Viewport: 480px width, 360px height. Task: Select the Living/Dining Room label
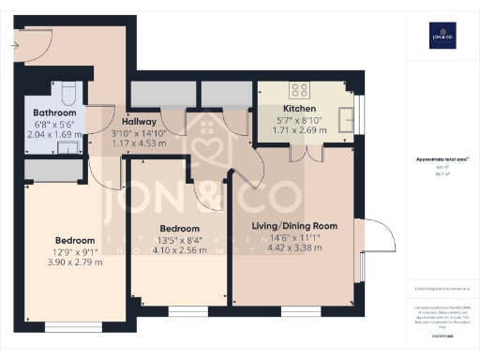pos(293,226)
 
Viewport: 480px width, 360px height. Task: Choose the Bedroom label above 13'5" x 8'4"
pos(179,229)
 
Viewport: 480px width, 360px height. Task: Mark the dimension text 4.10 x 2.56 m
pos(179,250)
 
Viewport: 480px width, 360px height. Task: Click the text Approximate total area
pos(441,159)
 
